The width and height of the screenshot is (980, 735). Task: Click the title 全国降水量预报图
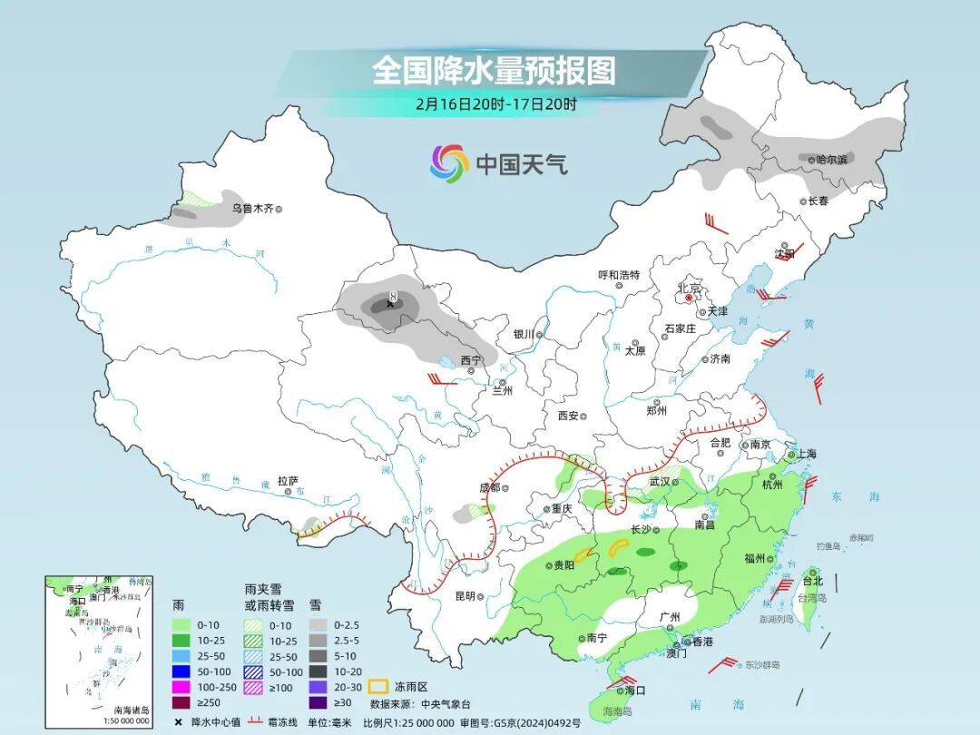coord(494,70)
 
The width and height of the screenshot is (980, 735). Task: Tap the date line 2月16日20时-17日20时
coord(495,103)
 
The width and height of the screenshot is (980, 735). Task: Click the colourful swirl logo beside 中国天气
coord(449,163)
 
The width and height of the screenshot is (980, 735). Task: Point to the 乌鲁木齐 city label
coord(251,209)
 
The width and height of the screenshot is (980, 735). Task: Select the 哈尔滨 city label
coord(831,159)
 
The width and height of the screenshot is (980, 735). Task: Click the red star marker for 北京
coord(690,298)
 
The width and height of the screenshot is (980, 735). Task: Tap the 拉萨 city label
coord(288,480)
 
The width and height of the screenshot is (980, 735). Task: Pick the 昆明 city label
coord(465,596)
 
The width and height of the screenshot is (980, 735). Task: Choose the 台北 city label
coord(812,581)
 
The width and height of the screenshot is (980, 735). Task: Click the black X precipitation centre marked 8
coord(391,304)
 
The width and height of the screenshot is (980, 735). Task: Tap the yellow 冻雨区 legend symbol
coord(380,687)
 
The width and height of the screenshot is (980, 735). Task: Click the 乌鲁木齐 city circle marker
coord(279,209)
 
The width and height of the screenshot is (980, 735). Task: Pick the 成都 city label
coord(489,487)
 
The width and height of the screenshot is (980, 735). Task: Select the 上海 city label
coord(805,454)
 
